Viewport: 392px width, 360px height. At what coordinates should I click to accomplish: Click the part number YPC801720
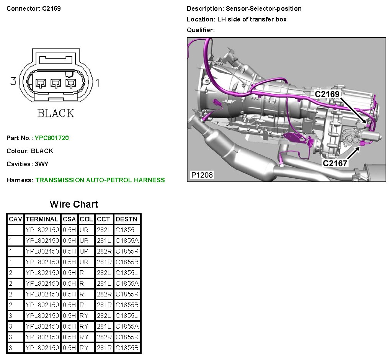(52, 138)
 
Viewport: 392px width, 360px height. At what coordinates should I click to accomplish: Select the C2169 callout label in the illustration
(327, 94)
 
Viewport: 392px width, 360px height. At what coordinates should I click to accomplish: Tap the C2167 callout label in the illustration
(335, 163)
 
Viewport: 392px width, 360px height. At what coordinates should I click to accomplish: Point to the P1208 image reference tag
(202, 175)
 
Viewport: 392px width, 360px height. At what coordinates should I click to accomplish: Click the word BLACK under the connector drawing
(56, 113)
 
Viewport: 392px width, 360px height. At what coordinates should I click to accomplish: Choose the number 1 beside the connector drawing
(97, 82)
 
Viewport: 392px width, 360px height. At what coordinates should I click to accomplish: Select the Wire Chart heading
(74, 204)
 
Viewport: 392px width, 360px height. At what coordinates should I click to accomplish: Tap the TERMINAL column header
(42, 219)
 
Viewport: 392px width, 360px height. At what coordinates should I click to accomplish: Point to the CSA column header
(70, 219)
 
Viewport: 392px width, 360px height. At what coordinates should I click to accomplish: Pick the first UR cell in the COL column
(84, 230)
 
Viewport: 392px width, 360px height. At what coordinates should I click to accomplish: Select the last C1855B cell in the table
(127, 348)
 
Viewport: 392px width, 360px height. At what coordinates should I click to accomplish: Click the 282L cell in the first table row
(104, 230)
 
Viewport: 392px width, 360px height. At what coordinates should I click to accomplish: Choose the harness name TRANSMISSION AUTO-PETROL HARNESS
(100, 180)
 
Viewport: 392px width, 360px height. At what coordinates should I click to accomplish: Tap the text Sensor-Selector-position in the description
(264, 8)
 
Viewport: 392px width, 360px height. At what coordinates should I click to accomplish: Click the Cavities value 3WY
(42, 164)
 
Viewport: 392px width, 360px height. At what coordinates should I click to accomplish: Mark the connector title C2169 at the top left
(51, 8)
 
